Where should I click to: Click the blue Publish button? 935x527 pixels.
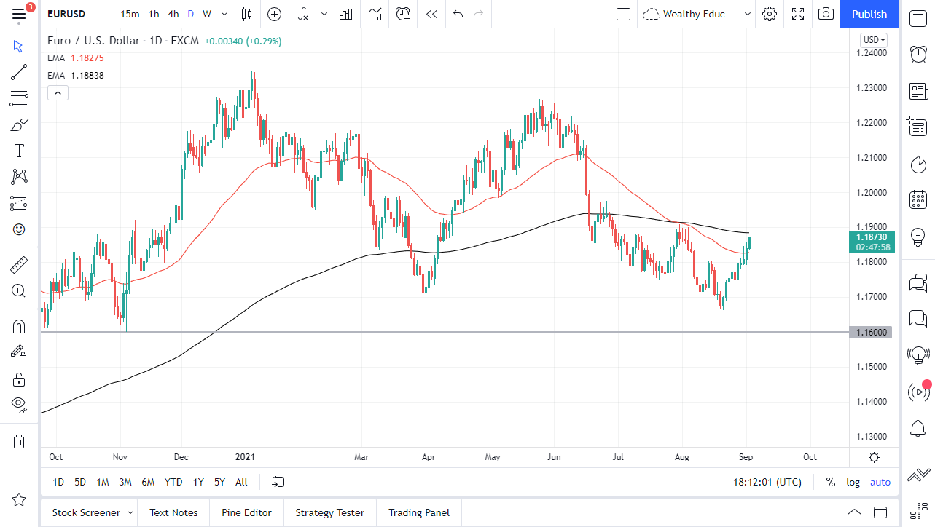869,14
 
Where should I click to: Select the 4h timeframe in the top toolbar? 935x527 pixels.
173,14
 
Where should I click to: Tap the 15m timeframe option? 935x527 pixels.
130,14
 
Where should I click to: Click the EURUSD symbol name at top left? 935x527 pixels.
66,14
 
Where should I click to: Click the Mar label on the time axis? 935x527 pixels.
361,457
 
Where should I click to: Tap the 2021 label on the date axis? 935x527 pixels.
246,457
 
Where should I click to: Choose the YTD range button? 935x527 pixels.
173,482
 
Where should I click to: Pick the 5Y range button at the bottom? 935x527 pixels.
219,482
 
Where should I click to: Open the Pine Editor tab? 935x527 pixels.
246,512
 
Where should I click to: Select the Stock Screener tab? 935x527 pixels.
86,512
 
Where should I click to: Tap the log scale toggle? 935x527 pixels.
853,482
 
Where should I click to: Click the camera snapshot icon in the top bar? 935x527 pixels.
826,14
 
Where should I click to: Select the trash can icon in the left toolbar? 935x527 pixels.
19,441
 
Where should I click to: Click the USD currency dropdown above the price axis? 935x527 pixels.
873,40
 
